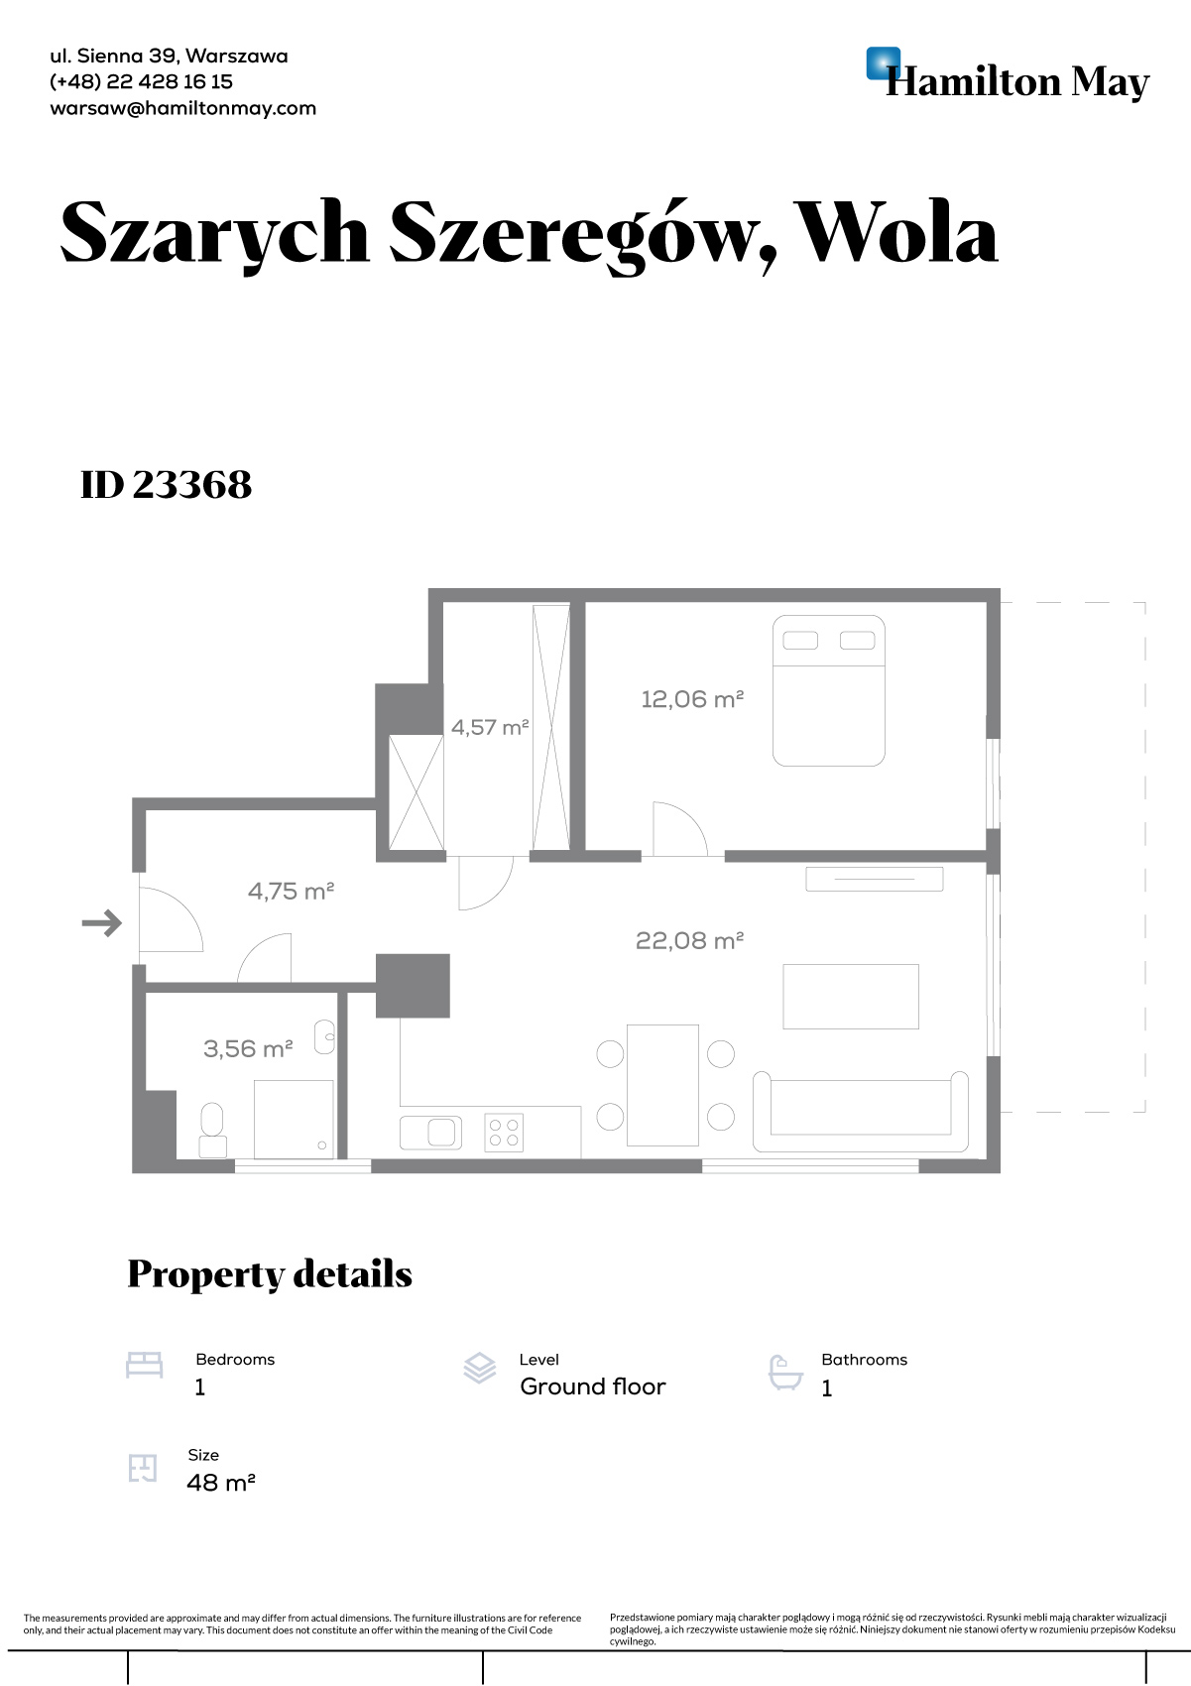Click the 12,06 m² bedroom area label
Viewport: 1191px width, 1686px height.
[692, 699]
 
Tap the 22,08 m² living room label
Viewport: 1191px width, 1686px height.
[689, 941]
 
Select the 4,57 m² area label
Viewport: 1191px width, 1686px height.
[489, 727]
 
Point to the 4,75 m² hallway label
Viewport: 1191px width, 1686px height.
[291, 892]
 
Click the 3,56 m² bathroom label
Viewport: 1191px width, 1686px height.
[248, 1048]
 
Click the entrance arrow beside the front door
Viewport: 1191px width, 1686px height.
[101, 922]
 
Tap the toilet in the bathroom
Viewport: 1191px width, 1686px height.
[212, 1130]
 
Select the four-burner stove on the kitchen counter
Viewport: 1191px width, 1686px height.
[504, 1132]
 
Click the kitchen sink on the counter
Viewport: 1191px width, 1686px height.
[430, 1132]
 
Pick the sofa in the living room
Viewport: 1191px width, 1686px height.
[861, 1111]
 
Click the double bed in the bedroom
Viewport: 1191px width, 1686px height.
[828, 690]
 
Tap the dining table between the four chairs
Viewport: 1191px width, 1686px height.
[662, 1085]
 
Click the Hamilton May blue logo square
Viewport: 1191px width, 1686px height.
[883, 63]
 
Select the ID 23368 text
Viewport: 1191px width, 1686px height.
[166, 484]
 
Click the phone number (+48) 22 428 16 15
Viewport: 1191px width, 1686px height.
[141, 82]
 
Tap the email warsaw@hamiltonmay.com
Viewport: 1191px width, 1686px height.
[182, 108]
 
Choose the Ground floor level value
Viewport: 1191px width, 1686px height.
[592, 1386]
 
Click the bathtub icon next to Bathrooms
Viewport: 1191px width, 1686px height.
[785, 1373]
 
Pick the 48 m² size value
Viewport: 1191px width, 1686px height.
[220, 1482]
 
